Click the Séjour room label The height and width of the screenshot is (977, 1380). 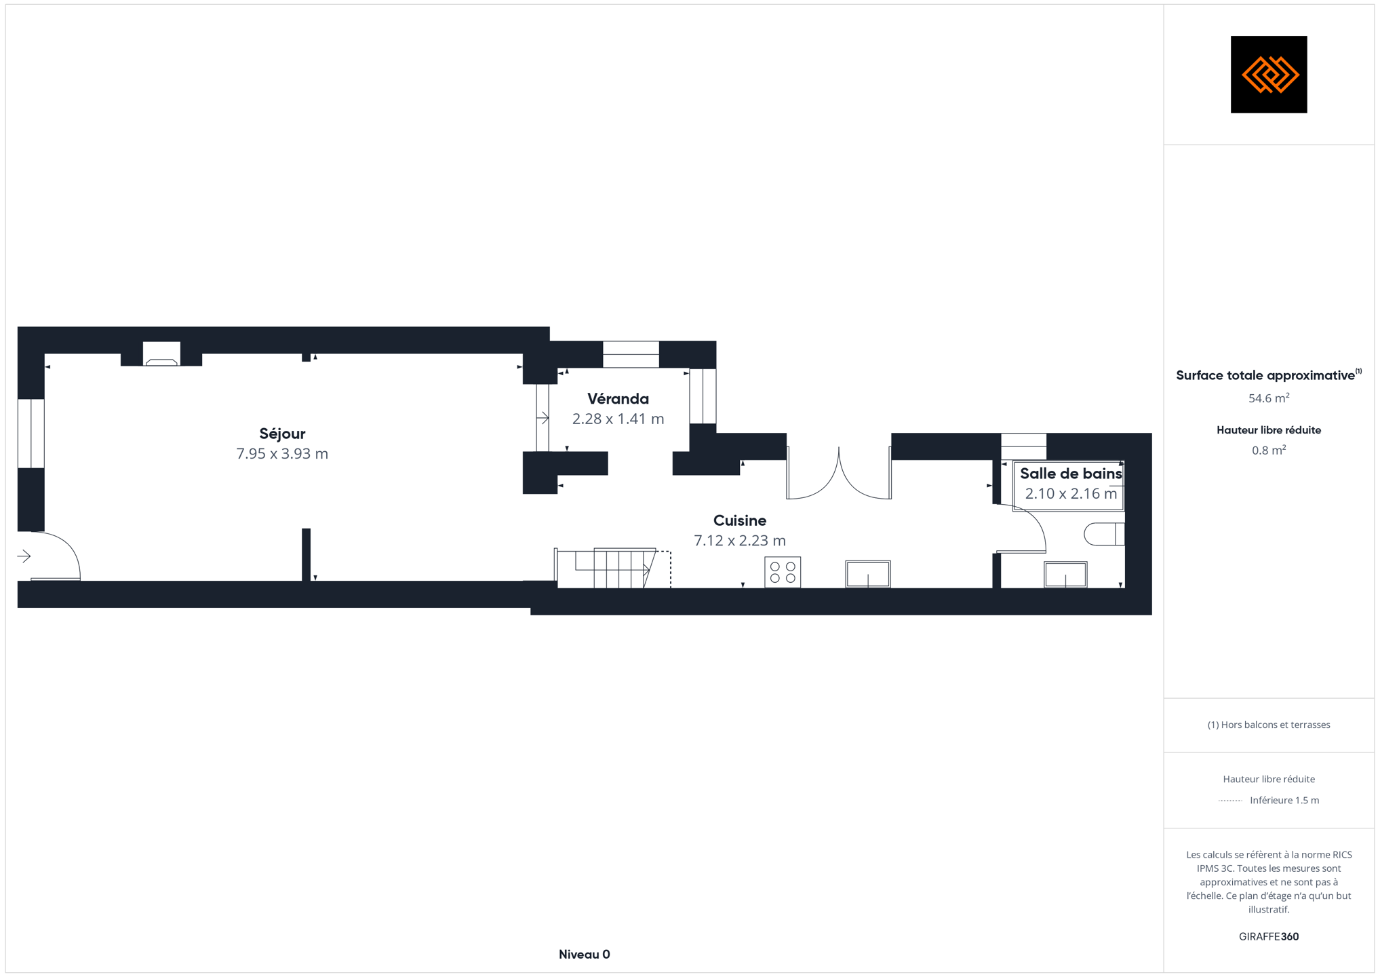pos(282,434)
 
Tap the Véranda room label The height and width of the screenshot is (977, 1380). pos(618,399)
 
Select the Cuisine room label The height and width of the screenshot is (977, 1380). pos(740,520)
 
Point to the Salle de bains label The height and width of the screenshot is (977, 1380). pos(1071,474)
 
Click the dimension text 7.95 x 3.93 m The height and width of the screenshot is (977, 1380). pos(282,453)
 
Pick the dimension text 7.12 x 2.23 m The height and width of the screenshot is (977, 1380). pos(740,541)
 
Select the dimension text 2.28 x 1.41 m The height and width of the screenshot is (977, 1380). pos(618,419)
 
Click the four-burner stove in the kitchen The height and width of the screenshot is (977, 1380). pos(783,572)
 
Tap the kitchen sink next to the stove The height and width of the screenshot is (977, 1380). pos(868,574)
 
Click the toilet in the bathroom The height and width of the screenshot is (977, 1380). pos(1104,534)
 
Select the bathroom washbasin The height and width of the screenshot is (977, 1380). pos(1065,575)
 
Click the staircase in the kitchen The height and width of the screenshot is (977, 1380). pos(613,568)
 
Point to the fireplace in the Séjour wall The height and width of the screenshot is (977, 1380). pos(161,354)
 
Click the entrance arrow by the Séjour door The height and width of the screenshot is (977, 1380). pos(24,556)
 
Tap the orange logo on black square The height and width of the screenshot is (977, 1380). pos(1269,75)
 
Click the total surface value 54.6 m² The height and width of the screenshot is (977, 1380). pos(1269,398)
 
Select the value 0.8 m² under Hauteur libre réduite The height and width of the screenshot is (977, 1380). pos(1269,451)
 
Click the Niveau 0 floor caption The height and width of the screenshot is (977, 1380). pos(585,955)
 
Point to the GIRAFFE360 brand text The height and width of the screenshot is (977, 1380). pos(1269,937)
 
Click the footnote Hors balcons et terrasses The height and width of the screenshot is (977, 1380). pos(1269,725)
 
